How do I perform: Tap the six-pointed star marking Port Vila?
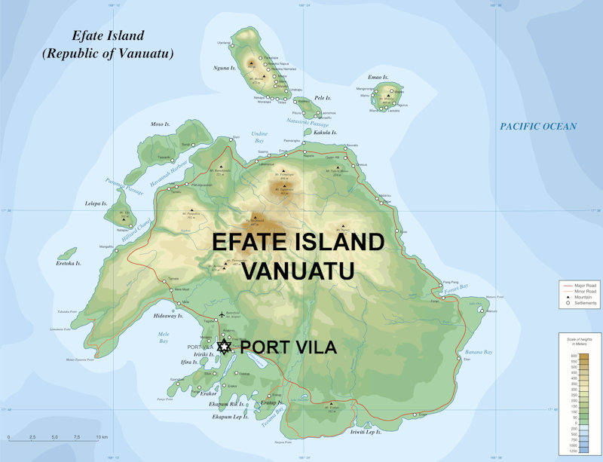click(x=224, y=347)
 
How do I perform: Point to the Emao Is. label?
click(x=377, y=77)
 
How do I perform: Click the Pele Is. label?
click(x=323, y=98)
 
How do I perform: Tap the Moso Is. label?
click(x=161, y=124)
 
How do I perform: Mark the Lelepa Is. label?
click(x=96, y=203)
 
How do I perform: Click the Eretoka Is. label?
click(x=67, y=264)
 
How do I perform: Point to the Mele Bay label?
click(x=164, y=335)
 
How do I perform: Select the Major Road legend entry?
click(x=580, y=286)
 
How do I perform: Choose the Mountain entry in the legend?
click(x=580, y=297)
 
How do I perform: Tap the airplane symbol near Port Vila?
click(x=222, y=314)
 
